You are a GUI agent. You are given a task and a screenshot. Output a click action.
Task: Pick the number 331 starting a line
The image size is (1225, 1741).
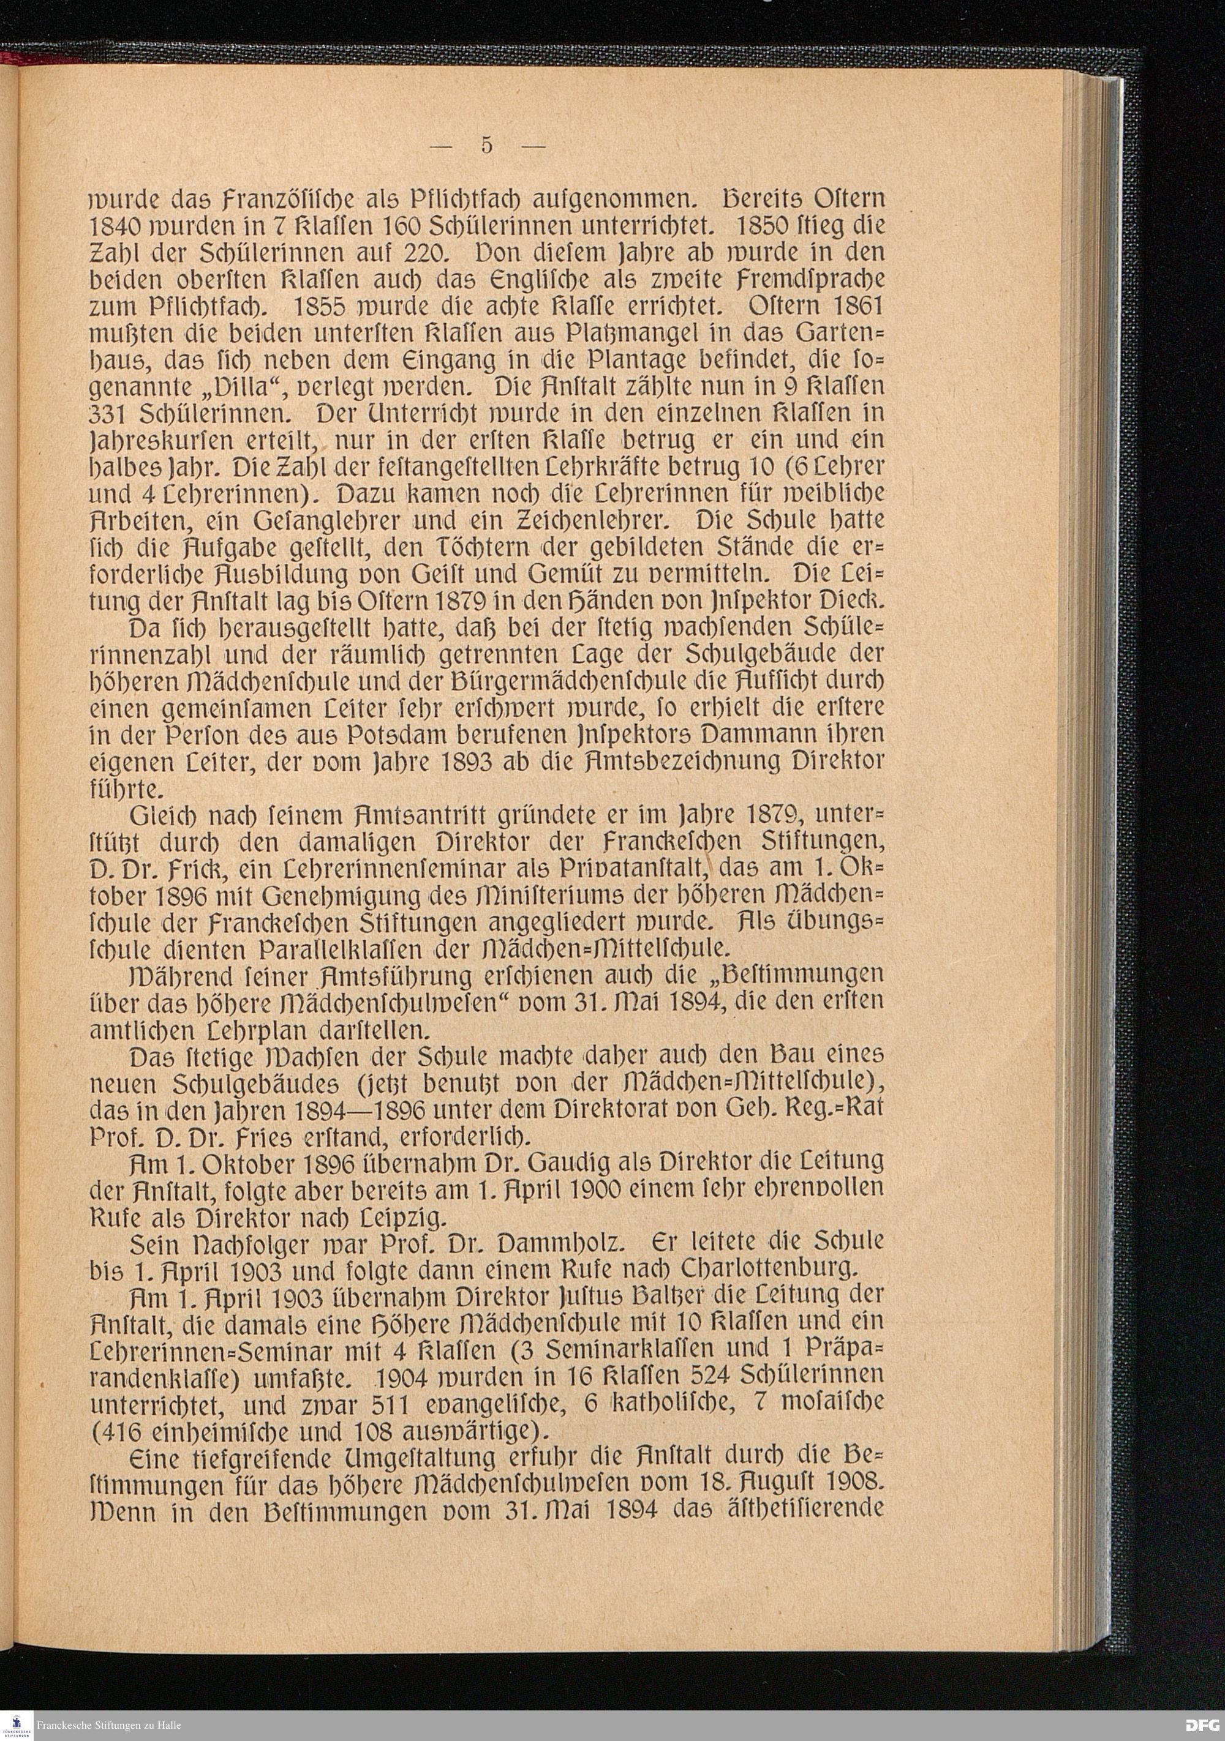tap(111, 413)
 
